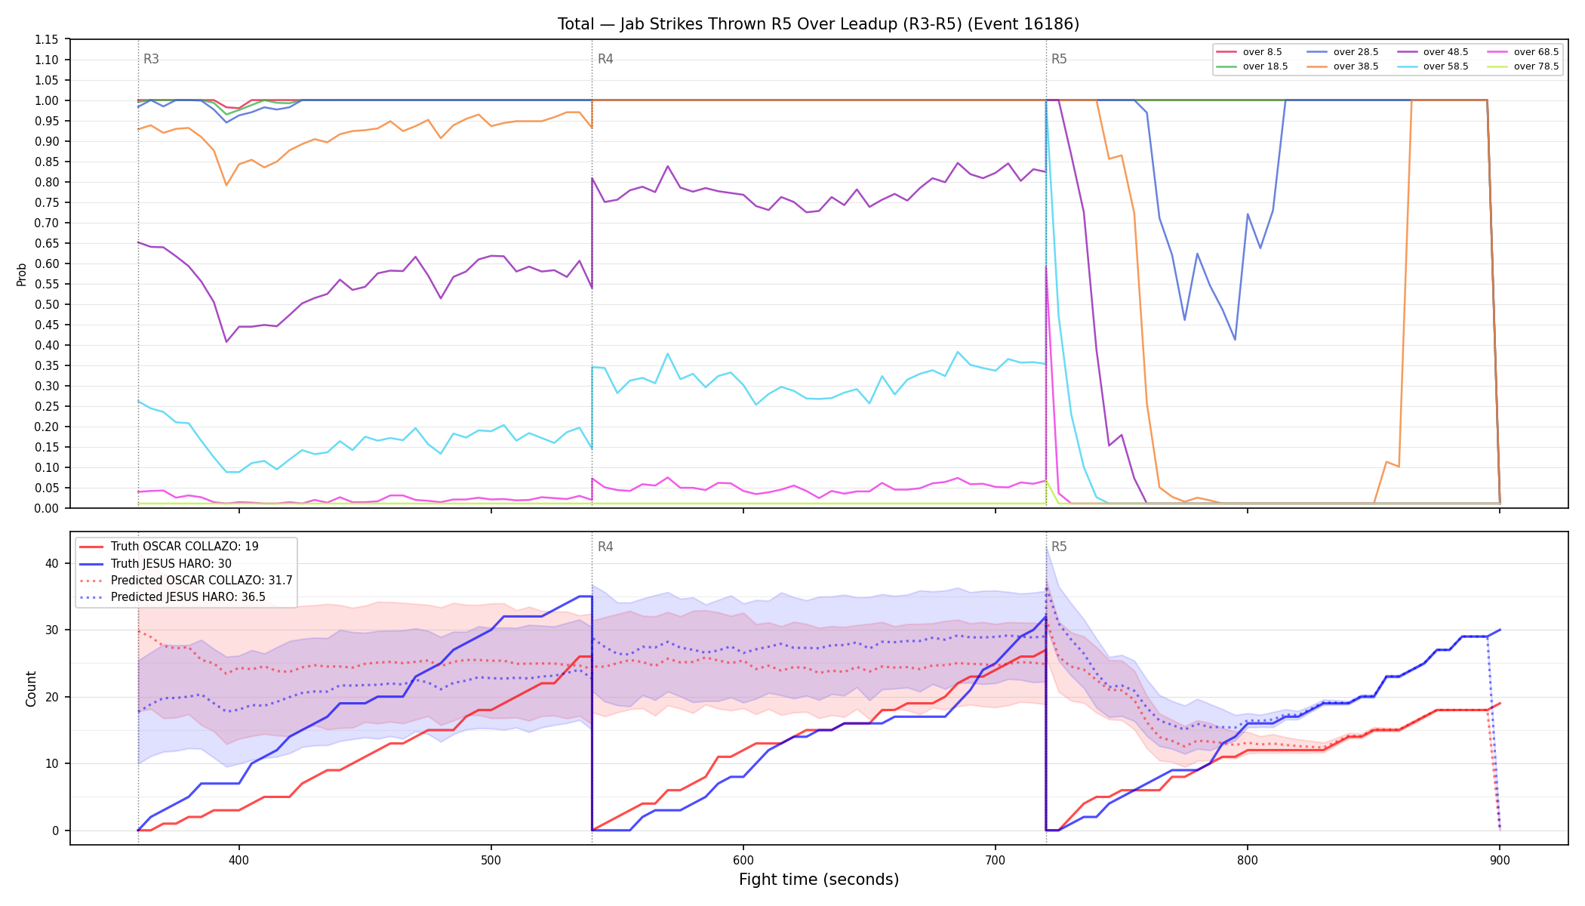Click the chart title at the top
pos(818,24)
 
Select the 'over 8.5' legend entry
pos(1249,52)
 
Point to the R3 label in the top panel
pos(151,59)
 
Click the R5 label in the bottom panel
pos(1059,547)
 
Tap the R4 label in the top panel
pos(605,59)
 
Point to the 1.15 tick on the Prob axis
pos(46,39)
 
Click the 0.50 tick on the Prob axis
pos(46,304)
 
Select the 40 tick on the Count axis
pos(51,563)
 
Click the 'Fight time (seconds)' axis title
pos(819,880)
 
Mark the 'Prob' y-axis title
pos(21,274)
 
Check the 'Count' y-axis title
pos(31,689)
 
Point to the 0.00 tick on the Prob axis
pos(46,508)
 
